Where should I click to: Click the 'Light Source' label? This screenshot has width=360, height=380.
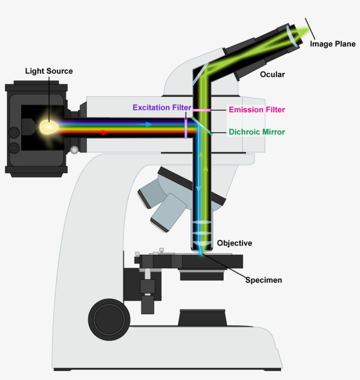pos(49,71)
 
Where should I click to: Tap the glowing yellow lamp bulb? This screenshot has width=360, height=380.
pos(49,127)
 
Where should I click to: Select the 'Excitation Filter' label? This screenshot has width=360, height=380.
pos(162,108)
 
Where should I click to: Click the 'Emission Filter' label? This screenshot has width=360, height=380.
pos(257,110)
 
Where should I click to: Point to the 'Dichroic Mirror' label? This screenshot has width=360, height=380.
pos(257,132)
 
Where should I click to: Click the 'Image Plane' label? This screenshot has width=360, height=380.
pos(332,44)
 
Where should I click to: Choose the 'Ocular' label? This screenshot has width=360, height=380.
pos(272,75)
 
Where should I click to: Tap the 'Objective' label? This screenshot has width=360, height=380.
pos(234,243)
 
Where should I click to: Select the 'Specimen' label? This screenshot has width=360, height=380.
pos(263,280)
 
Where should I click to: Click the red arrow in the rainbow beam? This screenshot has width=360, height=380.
pos(104,133)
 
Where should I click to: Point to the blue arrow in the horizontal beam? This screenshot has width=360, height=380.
pos(149,124)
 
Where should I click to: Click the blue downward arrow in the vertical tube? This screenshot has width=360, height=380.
pos(198,188)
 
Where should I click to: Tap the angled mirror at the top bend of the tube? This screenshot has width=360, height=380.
pos(200,73)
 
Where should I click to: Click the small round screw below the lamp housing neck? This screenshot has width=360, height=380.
pos(74,150)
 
